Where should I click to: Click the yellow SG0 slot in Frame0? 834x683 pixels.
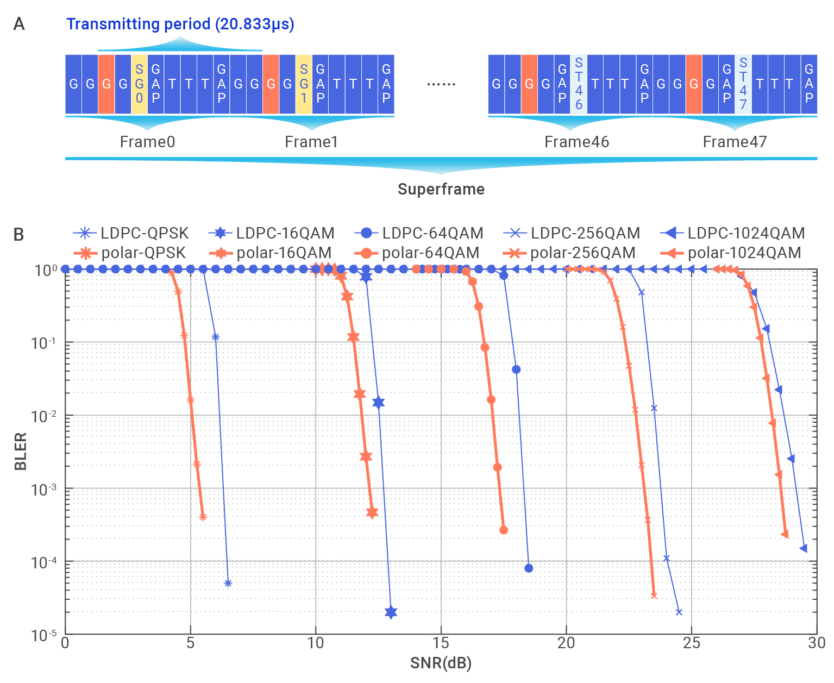point(139,84)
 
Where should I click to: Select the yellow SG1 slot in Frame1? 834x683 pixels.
point(304,84)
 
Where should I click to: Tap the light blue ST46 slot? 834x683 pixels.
point(579,84)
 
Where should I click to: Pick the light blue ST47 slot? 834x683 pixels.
point(743,84)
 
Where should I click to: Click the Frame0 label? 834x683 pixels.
point(147,142)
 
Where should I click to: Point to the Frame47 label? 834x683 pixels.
point(735,142)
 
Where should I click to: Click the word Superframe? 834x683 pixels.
point(441,189)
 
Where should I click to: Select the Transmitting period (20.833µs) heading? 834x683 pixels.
point(180,24)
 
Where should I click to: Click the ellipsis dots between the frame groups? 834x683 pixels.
point(441,84)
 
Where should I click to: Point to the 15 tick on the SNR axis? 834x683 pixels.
point(441,643)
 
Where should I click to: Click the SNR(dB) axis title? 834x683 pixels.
point(441,663)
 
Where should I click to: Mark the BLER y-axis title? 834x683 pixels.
point(20,452)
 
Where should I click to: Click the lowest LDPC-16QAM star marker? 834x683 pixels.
point(391,612)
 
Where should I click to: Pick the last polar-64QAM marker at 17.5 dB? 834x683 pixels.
point(504,530)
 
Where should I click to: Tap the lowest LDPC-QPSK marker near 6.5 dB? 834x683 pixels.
point(228,584)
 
